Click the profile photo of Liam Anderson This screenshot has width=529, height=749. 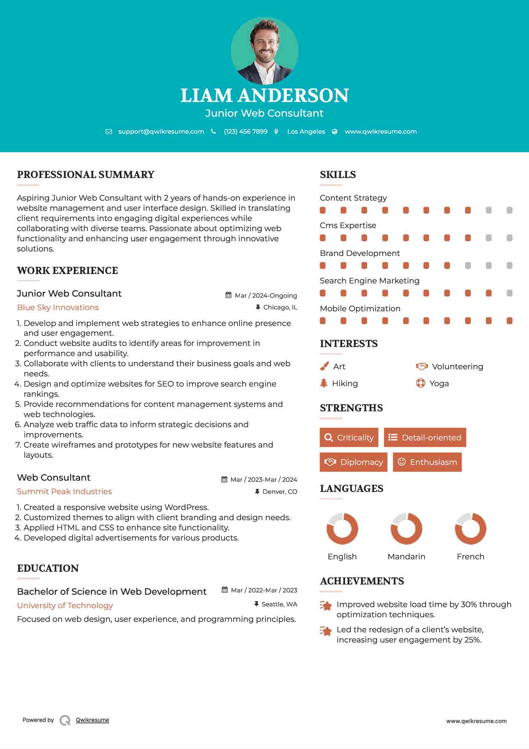264,50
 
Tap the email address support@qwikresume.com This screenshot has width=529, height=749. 161,131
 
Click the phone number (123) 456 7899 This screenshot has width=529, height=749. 246,131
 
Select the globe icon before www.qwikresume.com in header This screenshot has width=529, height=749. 335,131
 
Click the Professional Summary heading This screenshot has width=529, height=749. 86,175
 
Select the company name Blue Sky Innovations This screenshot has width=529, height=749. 58,308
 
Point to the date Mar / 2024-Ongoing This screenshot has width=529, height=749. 265,295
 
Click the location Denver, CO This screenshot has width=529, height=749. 279,492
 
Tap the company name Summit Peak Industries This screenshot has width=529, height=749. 64,492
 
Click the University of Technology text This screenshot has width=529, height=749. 65,606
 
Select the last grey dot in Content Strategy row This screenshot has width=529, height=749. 509,210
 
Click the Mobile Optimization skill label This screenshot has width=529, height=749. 360,309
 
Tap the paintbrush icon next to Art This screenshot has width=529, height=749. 324,366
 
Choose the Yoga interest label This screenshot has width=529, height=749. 439,384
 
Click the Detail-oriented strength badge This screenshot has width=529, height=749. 425,437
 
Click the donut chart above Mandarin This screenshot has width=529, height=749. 406,528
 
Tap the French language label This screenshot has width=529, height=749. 470,557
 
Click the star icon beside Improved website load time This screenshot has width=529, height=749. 326,606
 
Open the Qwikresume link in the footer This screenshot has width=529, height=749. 92,720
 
